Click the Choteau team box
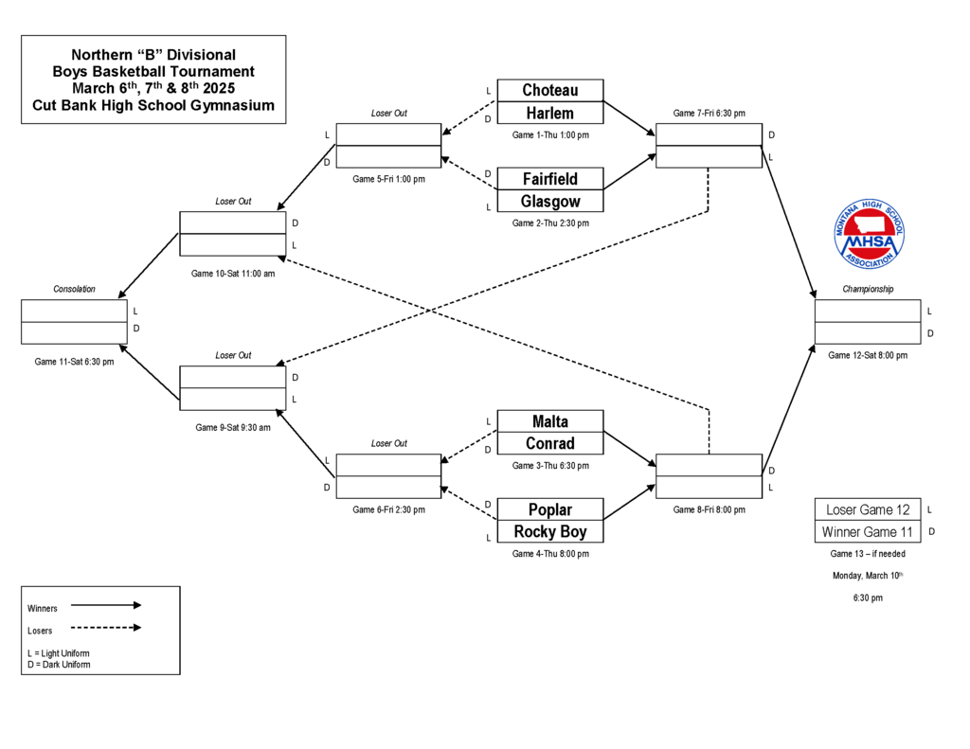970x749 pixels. click(x=549, y=90)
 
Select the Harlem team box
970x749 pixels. click(x=549, y=114)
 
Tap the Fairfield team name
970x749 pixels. click(x=549, y=179)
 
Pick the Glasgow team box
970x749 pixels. click(x=549, y=202)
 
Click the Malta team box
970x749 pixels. click(x=549, y=421)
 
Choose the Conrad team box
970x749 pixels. click(x=549, y=444)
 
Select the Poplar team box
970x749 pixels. click(x=549, y=509)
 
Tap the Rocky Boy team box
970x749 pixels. click(x=549, y=532)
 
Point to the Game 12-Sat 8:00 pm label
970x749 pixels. click(x=868, y=356)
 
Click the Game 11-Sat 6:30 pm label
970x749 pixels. click(x=74, y=362)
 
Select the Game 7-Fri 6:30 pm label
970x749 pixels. click(x=709, y=114)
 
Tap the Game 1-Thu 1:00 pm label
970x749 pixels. click(x=550, y=135)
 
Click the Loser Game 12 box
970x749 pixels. click(x=868, y=509)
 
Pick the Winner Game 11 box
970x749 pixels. click(x=868, y=532)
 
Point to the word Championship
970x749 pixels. click(x=868, y=290)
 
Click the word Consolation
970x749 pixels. click(x=74, y=290)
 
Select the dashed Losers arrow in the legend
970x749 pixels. click(x=105, y=628)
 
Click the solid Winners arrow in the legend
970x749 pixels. click(x=105, y=605)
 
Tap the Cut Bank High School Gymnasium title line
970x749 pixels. click(x=153, y=106)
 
